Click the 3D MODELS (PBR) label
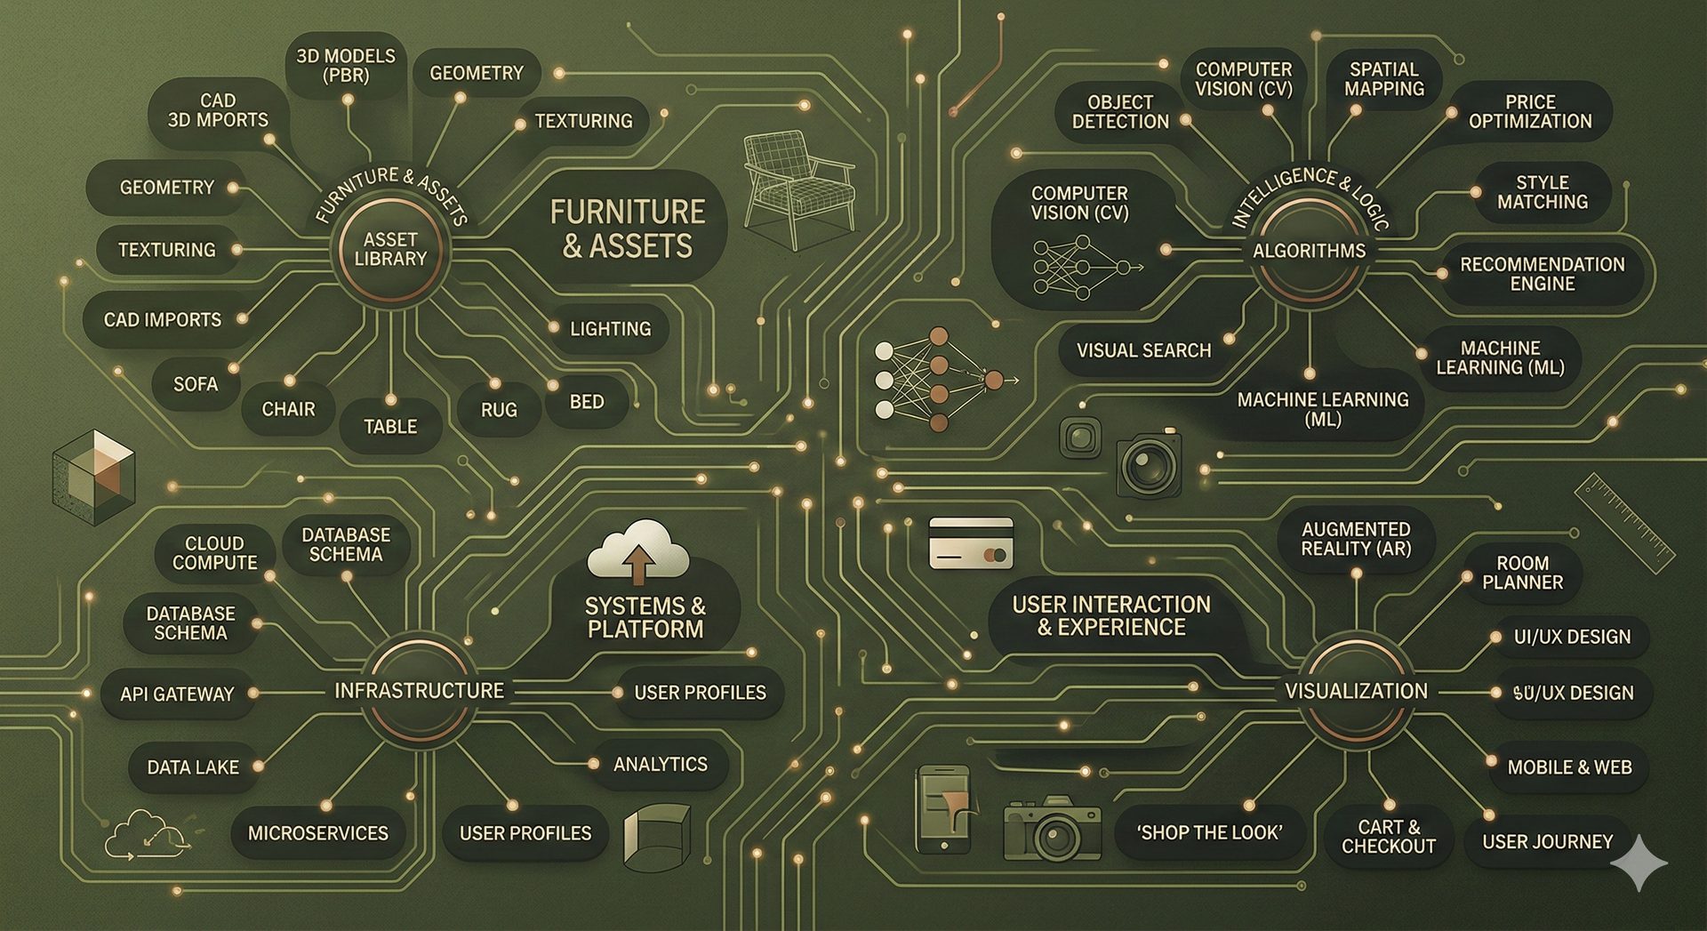point(346,66)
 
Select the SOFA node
point(196,384)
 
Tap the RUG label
point(499,410)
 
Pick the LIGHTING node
point(610,329)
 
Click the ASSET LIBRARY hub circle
point(390,250)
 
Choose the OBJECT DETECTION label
point(1120,112)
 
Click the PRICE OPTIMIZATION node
point(1529,112)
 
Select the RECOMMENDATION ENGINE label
point(1542,274)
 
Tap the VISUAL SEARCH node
point(1143,350)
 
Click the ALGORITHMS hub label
point(1309,251)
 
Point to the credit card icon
point(971,542)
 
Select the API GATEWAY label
point(177,694)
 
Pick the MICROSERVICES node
point(317,833)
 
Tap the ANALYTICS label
point(660,764)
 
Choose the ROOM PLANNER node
point(1522,573)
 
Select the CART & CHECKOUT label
point(1388,837)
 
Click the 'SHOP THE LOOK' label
point(1209,833)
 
